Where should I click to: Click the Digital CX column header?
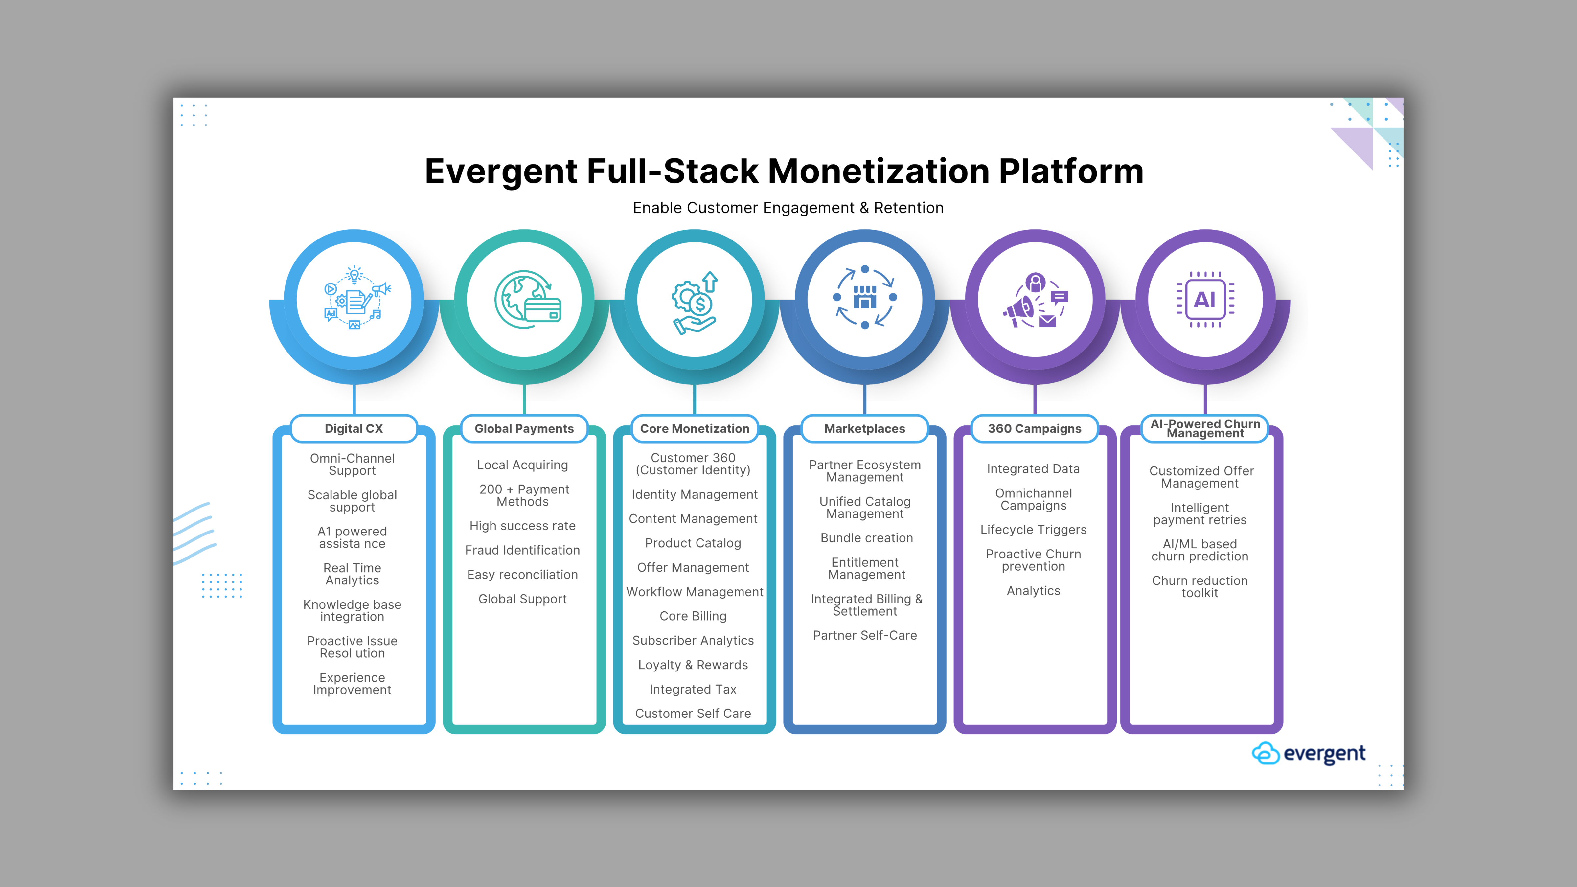pyautogui.click(x=354, y=428)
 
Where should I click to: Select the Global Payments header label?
pyautogui.click(x=524, y=428)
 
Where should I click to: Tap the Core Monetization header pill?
pyautogui.click(x=694, y=428)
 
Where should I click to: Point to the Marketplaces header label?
pyautogui.click(x=864, y=428)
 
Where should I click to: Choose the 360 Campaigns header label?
pyautogui.click(x=1035, y=428)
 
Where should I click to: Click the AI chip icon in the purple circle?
pyautogui.click(x=1205, y=299)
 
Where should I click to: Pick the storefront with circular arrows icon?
pyautogui.click(x=864, y=298)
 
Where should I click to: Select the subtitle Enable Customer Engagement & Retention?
pyautogui.click(x=788, y=208)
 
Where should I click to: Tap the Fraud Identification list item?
pyautogui.click(x=522, y=550)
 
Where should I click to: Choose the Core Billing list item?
pyautogui.click(x=693, y=616)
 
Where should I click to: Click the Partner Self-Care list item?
pyautogui.click(x=864, y=635)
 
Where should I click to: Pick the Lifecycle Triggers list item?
pyautogui.click(x=1033, y=530)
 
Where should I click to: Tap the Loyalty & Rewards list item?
pyautogui.click(x=693, y=665)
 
